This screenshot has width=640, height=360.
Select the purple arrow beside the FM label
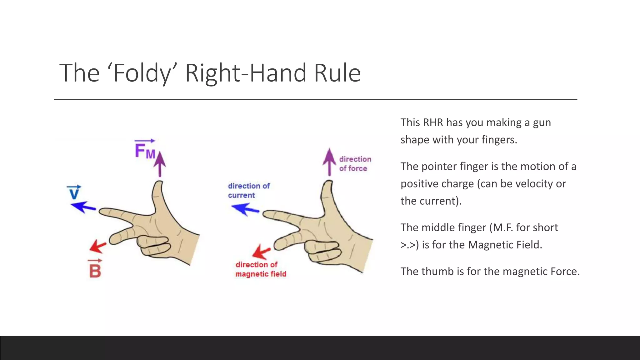click(x=160, y=164)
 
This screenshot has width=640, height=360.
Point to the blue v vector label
click(x=74, y=192)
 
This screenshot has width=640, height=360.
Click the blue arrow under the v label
click(x=83, y=207)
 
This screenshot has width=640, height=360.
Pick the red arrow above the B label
click(x=98, y=246)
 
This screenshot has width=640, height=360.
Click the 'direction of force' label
click(x=355, y=164)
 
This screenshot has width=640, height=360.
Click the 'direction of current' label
click(x=248, y=191)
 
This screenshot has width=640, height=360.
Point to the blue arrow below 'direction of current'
click(x=245, y=209)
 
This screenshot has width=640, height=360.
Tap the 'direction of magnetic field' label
click(x=261, y=269)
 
